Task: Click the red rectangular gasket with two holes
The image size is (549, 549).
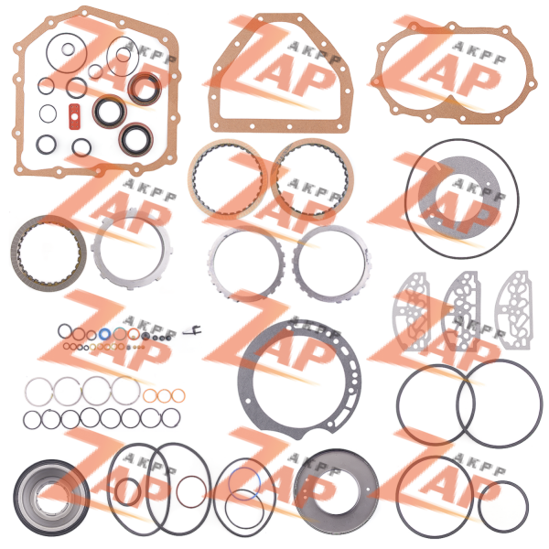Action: [x=75, y=116]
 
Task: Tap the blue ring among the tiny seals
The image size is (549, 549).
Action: [x=104, y=334]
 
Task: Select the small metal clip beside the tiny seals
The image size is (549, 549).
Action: [x=193, y=330]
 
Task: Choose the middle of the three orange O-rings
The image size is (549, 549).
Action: [x=164, y=390]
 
